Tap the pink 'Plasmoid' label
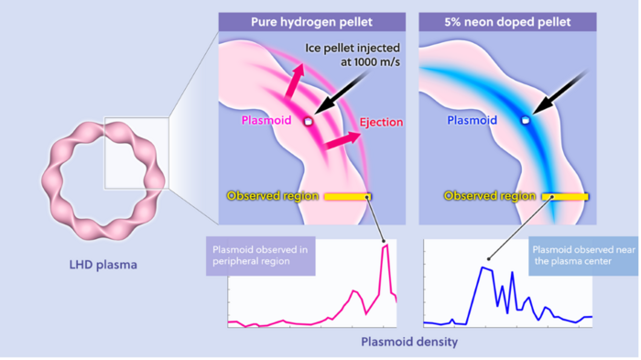coord(267,121)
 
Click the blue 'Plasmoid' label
coord(473,120)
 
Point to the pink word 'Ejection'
coord(381,122)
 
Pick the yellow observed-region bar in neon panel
coord(565,196)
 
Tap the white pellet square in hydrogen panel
coord(309,121)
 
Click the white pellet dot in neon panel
coord(525,120)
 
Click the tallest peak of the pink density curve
coord(386,245)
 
